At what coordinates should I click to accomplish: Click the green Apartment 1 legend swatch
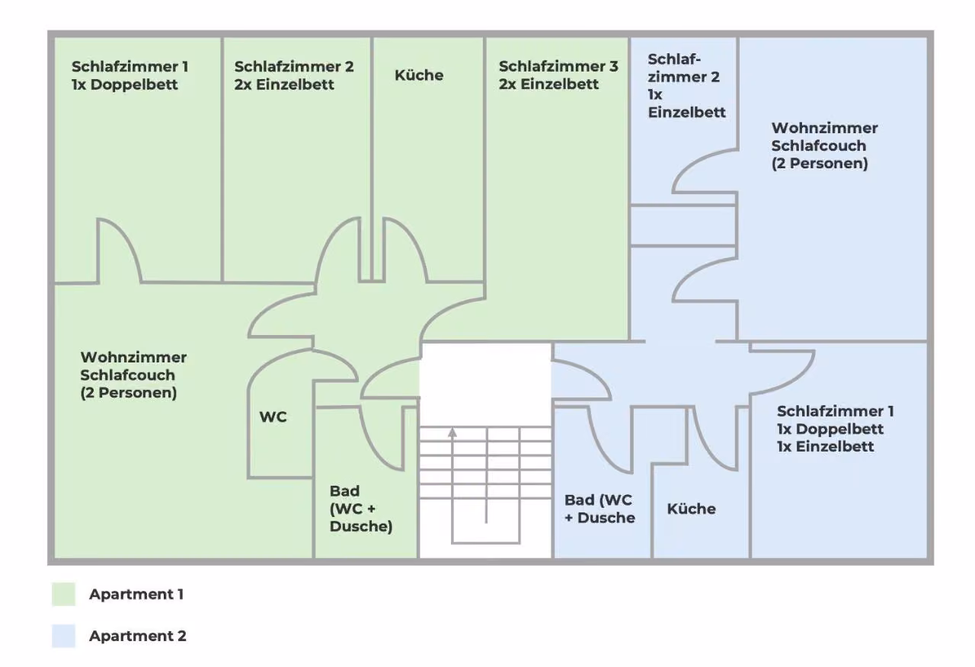click(x=63, y=594)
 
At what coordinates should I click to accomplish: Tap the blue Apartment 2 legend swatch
click(x=63, y=636)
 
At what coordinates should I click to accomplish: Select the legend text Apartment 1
click(x=136, y=594)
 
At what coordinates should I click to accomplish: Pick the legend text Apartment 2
click(x=138, y=636)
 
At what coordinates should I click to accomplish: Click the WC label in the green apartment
click(x=273, y=416)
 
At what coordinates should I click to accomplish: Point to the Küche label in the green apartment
click(x=419, y=75)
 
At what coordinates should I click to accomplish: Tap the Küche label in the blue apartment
click(x=691, y=509)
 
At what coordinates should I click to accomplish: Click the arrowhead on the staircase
click(x=452, y=432)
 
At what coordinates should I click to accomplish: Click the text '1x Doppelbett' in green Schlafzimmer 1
click(x=124, y=84)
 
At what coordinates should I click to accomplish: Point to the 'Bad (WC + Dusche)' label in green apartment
click(x=361, y=508)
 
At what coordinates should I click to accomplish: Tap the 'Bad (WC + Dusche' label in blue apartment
click(x=599, y=509)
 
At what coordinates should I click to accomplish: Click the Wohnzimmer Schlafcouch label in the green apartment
click(x=133, y=375)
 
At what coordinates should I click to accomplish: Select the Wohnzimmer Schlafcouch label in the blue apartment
click(x=824, y=145)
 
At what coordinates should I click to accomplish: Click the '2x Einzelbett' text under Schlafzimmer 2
click(x=284, y=84)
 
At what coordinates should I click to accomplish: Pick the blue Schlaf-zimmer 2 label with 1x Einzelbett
click(x=686, y=86)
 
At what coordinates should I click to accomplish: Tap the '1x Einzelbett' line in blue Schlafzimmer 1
click(x=825, y=446)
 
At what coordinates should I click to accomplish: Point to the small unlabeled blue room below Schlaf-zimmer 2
click(x=683, y=225)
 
